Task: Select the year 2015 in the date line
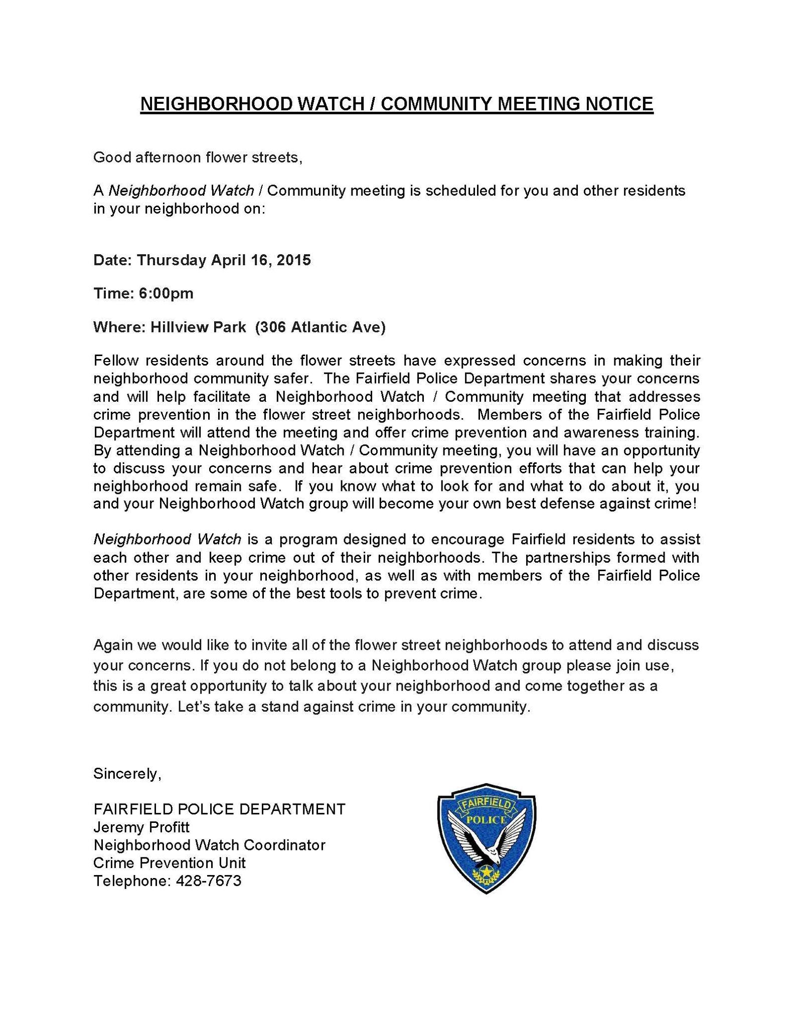[294, 260]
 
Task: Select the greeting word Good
[109, 157]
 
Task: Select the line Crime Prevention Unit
[170, 863]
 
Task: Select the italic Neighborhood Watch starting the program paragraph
[167, 540]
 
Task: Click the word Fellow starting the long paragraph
[115, 361]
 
